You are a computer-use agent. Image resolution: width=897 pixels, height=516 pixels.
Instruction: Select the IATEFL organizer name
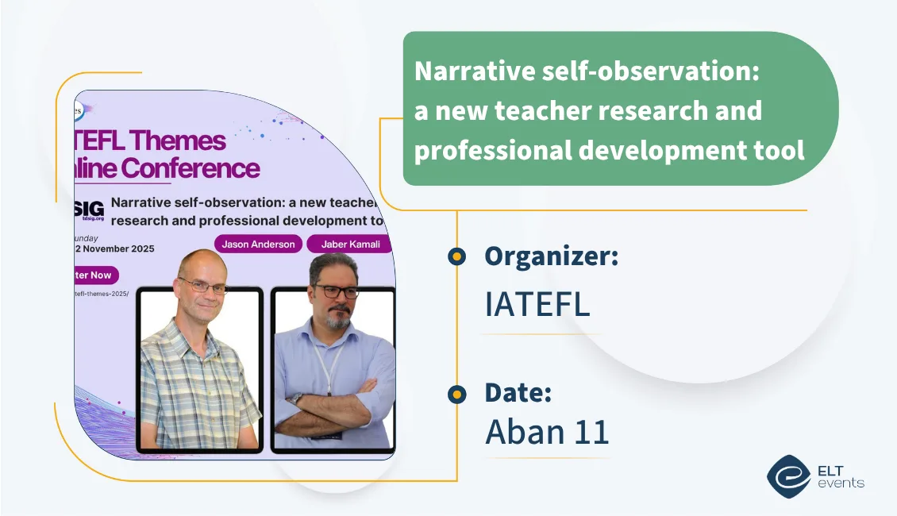[x=537, y=304]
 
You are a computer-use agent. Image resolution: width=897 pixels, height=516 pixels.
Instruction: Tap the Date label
[x=518, y=392]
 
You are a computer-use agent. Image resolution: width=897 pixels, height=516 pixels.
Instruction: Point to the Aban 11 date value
[x=547, y=431]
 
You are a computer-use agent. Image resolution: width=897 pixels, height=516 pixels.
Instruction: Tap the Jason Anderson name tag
[x=259, y=245]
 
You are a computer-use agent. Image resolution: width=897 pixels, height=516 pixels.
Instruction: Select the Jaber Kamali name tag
[x=348, y=245]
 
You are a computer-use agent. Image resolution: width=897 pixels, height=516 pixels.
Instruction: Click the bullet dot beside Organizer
[x=456, y=256]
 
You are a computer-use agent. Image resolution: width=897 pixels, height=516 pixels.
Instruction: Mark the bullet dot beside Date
[x=456, y=393]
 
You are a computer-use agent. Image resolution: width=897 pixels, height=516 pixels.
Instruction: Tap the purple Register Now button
[x=94, y=275]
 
